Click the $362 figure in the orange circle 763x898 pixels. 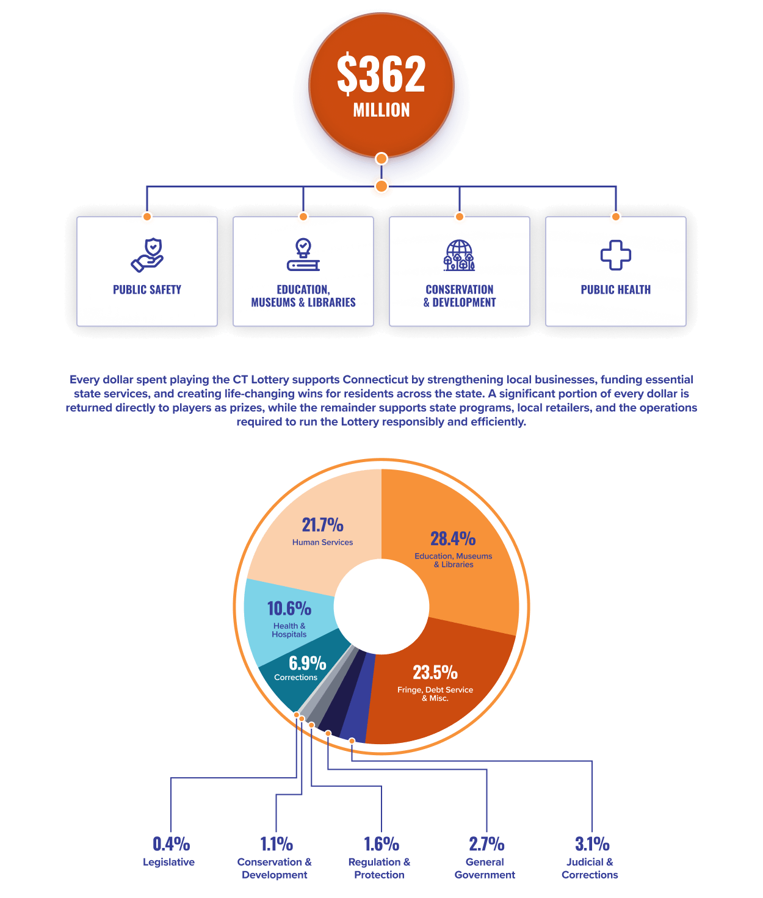(381, 73)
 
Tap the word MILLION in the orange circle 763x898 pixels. (381, 110)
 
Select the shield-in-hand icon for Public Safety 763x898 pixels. (147, 255)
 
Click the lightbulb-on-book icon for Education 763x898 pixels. (303, 255)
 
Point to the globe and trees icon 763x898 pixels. (459, 255)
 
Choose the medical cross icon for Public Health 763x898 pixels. (616, 255)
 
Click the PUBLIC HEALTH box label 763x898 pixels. (616, 290)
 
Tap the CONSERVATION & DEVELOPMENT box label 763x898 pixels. (459, 296)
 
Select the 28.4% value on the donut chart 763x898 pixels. (453, 538)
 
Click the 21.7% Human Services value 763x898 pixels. (322, 525)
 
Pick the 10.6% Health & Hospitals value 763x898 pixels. (289, 609)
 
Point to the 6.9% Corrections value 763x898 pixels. (307, 664)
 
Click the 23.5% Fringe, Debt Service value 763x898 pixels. (435, 673)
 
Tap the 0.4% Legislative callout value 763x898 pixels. (171, 844)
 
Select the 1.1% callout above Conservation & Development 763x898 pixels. (277, 844)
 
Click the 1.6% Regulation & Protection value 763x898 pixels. (382, 844)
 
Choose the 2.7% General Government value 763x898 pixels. (486, 844)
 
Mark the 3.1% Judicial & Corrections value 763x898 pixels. (592, 844)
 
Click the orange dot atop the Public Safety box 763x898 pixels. (147, 216)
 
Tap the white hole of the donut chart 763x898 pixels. (381, 606)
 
